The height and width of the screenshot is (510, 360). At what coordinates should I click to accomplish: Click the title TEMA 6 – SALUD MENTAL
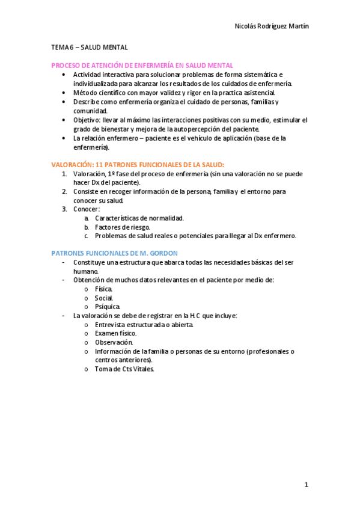(90, 47)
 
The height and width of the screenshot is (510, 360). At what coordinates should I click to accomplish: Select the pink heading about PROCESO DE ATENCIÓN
(142, 65)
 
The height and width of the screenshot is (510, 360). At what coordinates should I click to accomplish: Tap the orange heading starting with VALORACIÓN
(138, 164)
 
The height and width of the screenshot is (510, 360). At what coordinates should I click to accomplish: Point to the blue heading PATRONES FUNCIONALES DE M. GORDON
(123, 254)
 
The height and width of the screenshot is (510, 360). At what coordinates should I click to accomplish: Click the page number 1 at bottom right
(306, 485)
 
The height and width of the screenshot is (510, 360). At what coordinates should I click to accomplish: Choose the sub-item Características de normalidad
(139, 218)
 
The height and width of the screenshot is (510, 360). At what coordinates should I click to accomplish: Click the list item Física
(103, 289)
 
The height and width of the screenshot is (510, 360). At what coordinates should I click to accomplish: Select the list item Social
(104, 298)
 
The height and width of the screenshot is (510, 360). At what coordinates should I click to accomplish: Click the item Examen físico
(115, 333)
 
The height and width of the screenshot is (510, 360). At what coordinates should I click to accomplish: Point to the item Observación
(114, 342)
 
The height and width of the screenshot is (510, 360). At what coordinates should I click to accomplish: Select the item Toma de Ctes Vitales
(124, 369)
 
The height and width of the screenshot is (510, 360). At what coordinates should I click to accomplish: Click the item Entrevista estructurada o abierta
(144, 324)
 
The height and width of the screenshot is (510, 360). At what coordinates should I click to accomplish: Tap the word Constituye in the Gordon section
(91, 263)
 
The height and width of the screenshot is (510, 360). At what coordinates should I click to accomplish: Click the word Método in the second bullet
(86, 93)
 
